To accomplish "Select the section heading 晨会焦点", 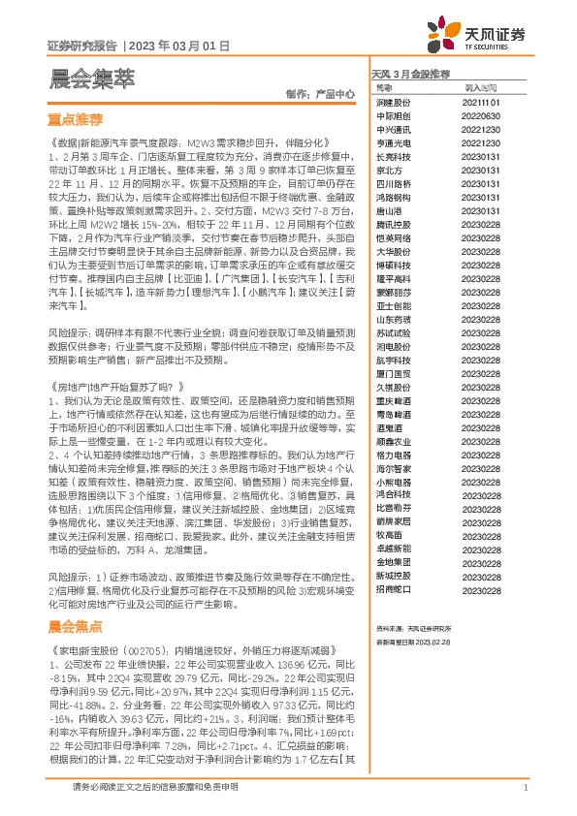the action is (x=75, y=626).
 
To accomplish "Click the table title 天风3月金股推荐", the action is (x=411, y=74).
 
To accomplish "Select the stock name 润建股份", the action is (x=393, y=101).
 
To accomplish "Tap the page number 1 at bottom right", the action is (x=525, y=788).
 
